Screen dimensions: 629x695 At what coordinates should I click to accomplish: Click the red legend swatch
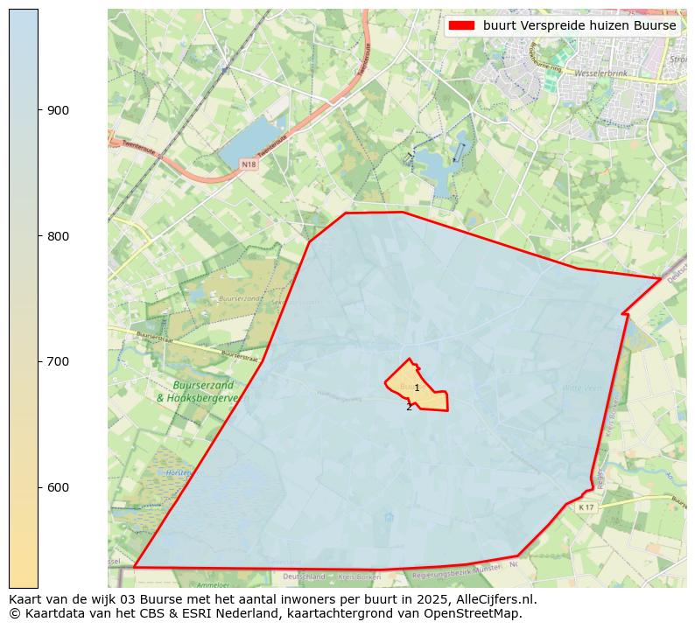click(460, 25)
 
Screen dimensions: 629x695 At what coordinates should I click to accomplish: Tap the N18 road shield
click(249, 164)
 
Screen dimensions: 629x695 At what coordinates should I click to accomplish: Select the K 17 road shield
click(586, 507)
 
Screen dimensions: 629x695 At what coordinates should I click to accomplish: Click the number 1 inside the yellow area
click(417, 388)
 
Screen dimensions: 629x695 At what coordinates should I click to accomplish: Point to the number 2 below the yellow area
click(409, 407)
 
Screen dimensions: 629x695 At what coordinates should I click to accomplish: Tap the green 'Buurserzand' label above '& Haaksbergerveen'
click(203, 385)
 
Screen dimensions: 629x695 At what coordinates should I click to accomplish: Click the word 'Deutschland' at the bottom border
click(304, 577)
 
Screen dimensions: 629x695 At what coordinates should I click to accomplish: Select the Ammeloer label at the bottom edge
click(213, 584)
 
